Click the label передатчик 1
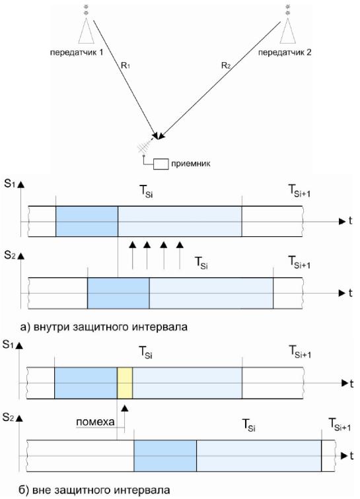(77, 52)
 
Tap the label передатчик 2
(285, 52)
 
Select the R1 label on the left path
(126, 66)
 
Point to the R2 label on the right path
(225, 66)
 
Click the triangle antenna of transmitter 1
(86, 30)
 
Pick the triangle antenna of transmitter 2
(288, 30)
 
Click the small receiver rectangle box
(161, 164)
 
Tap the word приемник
(191, 164)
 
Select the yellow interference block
(125, 383)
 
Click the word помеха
(95, 422)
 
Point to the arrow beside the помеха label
(124, 418)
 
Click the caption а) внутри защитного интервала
(104, 327)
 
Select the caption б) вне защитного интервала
(94, 490)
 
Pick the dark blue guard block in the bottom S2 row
(165, 455)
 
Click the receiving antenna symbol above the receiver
(147, 144)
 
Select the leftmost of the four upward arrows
(133, 255)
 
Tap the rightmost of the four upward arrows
(180, 255)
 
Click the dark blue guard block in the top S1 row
(87, 222)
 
